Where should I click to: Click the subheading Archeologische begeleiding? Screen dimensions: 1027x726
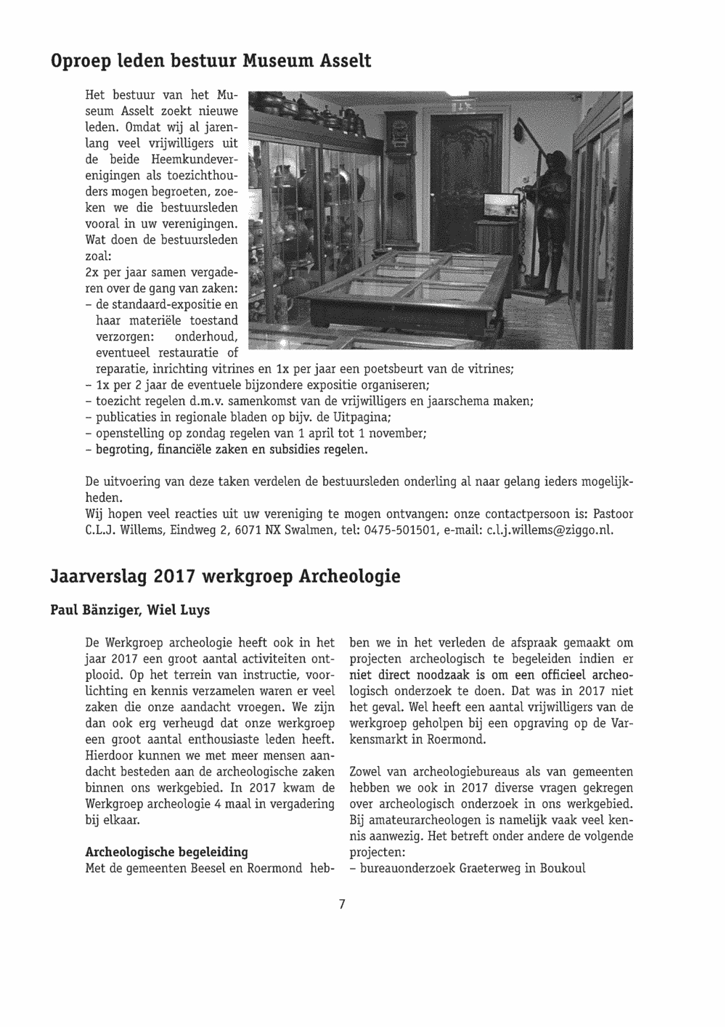pos(166,851)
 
